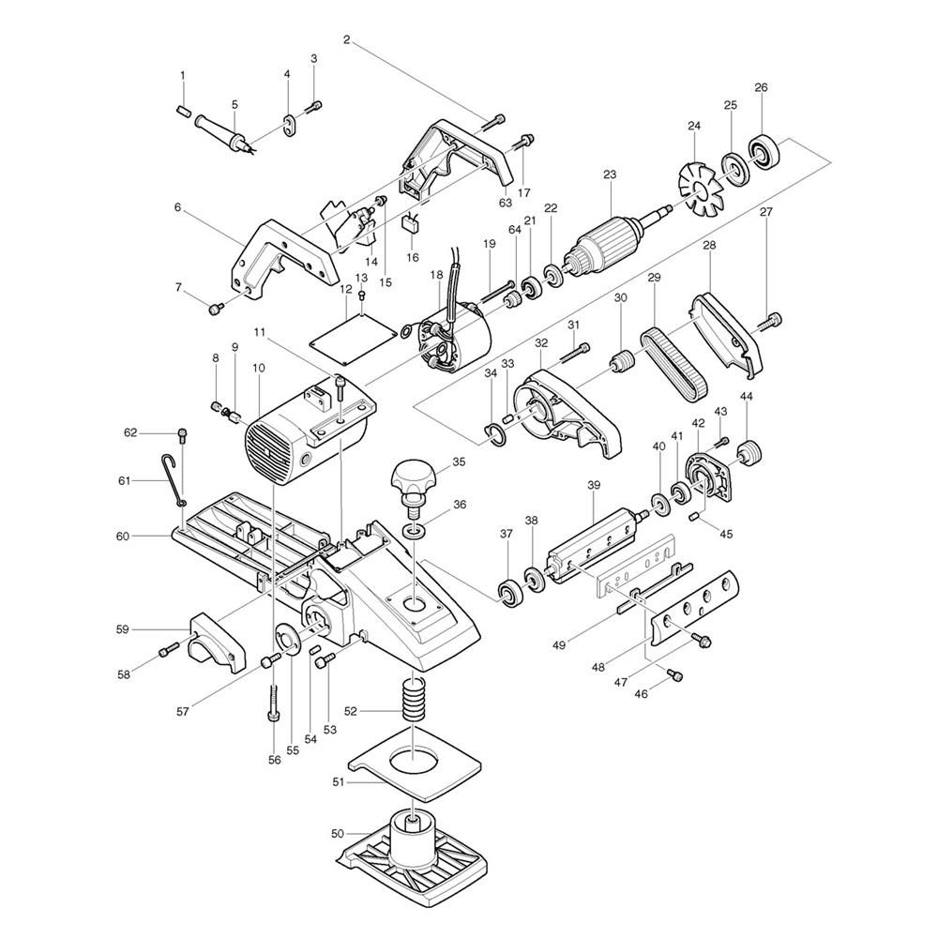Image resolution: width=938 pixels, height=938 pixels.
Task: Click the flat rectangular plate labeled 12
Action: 353,339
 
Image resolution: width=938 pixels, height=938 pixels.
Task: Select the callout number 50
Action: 338,833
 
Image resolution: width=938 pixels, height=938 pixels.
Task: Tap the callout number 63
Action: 506,203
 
